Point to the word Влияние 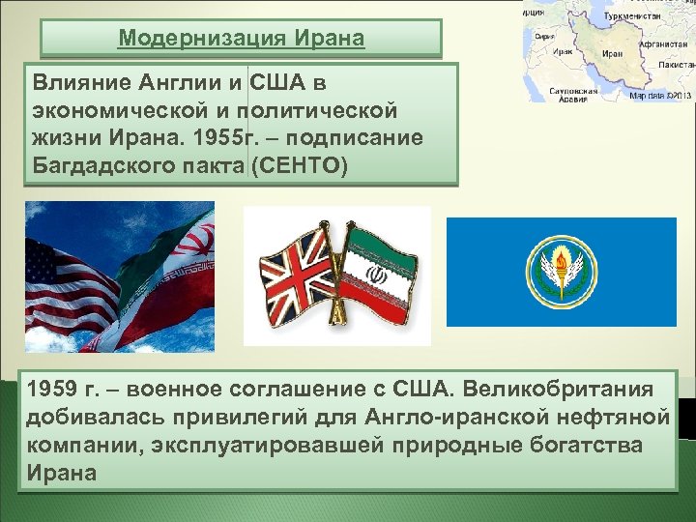[73, 81]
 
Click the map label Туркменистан [634, 16]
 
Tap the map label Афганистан [661, 43]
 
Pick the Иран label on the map [611, 54]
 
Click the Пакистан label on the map [676, 64]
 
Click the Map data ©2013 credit [659, 96]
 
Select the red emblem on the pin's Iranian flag [380, 275]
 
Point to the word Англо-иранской [497, 418]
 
